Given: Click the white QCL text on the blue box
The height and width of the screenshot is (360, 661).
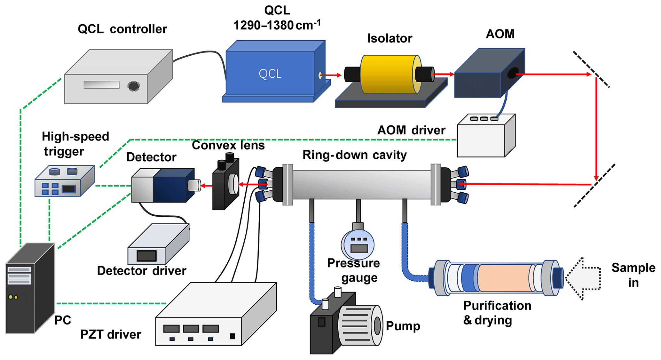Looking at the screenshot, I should click(x=270, y=74).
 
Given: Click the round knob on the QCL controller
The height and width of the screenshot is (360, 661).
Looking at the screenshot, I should click(x=134, y=86).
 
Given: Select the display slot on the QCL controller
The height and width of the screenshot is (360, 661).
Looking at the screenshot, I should click(x=101, y=84).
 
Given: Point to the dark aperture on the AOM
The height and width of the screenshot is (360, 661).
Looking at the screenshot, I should click(x=513, y=73).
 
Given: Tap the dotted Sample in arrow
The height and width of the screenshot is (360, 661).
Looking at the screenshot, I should click(x=584, y=278).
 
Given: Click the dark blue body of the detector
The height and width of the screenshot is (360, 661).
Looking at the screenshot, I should click(x=171, y=186).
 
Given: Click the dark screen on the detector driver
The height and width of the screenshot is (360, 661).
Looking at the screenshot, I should click(x=146, y=256).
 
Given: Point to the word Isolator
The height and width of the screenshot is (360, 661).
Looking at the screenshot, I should click(x=390, y=38).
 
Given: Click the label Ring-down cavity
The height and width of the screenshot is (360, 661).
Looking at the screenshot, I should click(x=354, y=155).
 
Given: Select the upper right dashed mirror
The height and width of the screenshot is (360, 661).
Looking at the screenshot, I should click(x=592, y=69).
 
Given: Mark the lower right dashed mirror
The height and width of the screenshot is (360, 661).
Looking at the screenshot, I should click(x=594, y=186).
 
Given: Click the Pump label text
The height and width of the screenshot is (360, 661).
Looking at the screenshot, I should click(x=403, y=326).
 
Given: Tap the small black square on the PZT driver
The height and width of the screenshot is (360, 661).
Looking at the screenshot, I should click(x=232, y=336).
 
